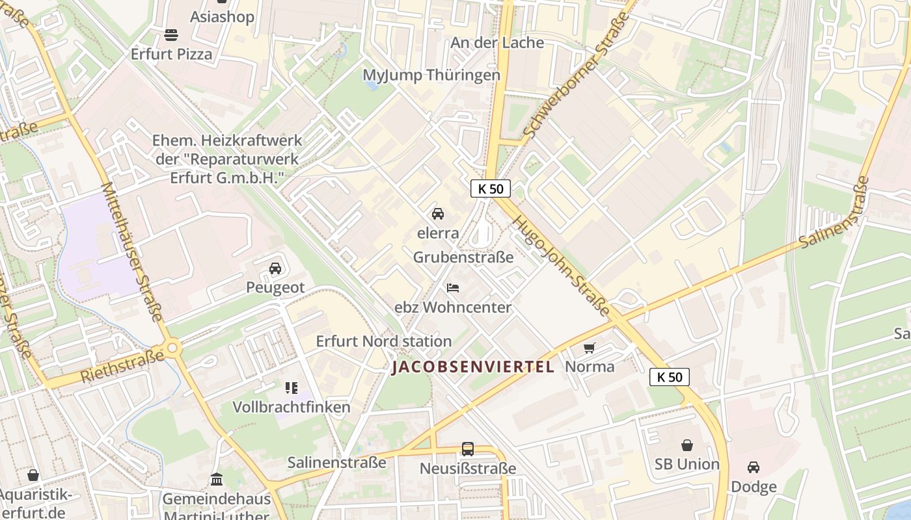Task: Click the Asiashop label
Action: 222,17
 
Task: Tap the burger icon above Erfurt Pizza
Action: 171,34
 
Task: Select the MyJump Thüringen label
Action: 431,75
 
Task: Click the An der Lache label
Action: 497,43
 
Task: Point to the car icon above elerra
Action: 438,214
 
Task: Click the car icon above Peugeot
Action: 275,268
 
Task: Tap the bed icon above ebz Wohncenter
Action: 453,288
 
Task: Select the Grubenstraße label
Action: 463,257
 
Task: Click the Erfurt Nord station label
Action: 383,341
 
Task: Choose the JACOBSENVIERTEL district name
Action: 473,367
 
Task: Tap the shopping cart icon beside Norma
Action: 590,348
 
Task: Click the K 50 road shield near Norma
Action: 669,377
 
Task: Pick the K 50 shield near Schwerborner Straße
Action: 491,188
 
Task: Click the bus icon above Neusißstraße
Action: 468,448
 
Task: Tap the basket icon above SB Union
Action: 687,445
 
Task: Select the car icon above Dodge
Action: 754,467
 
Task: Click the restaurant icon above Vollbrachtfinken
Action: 291,388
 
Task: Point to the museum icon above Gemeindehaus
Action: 217,480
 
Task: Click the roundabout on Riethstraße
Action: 172,348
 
